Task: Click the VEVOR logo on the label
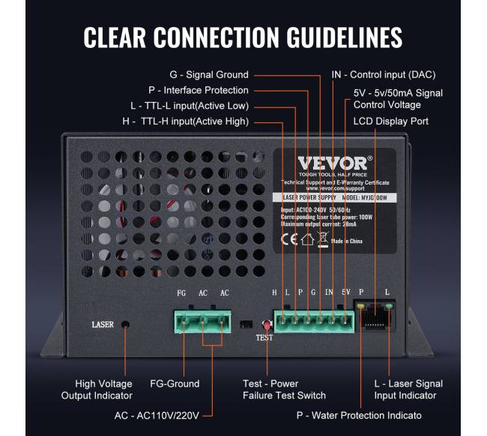click(333, 164)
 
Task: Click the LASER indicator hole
click(125, 325)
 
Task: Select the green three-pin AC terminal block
click(202, 320)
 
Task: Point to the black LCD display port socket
click(378, 319)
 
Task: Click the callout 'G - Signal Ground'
click(209, 75)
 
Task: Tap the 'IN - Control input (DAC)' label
click(383, 75)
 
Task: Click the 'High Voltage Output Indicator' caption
click(104, 389)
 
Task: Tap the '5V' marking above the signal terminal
click(345, 293)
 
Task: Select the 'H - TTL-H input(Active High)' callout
click(184, 121)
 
